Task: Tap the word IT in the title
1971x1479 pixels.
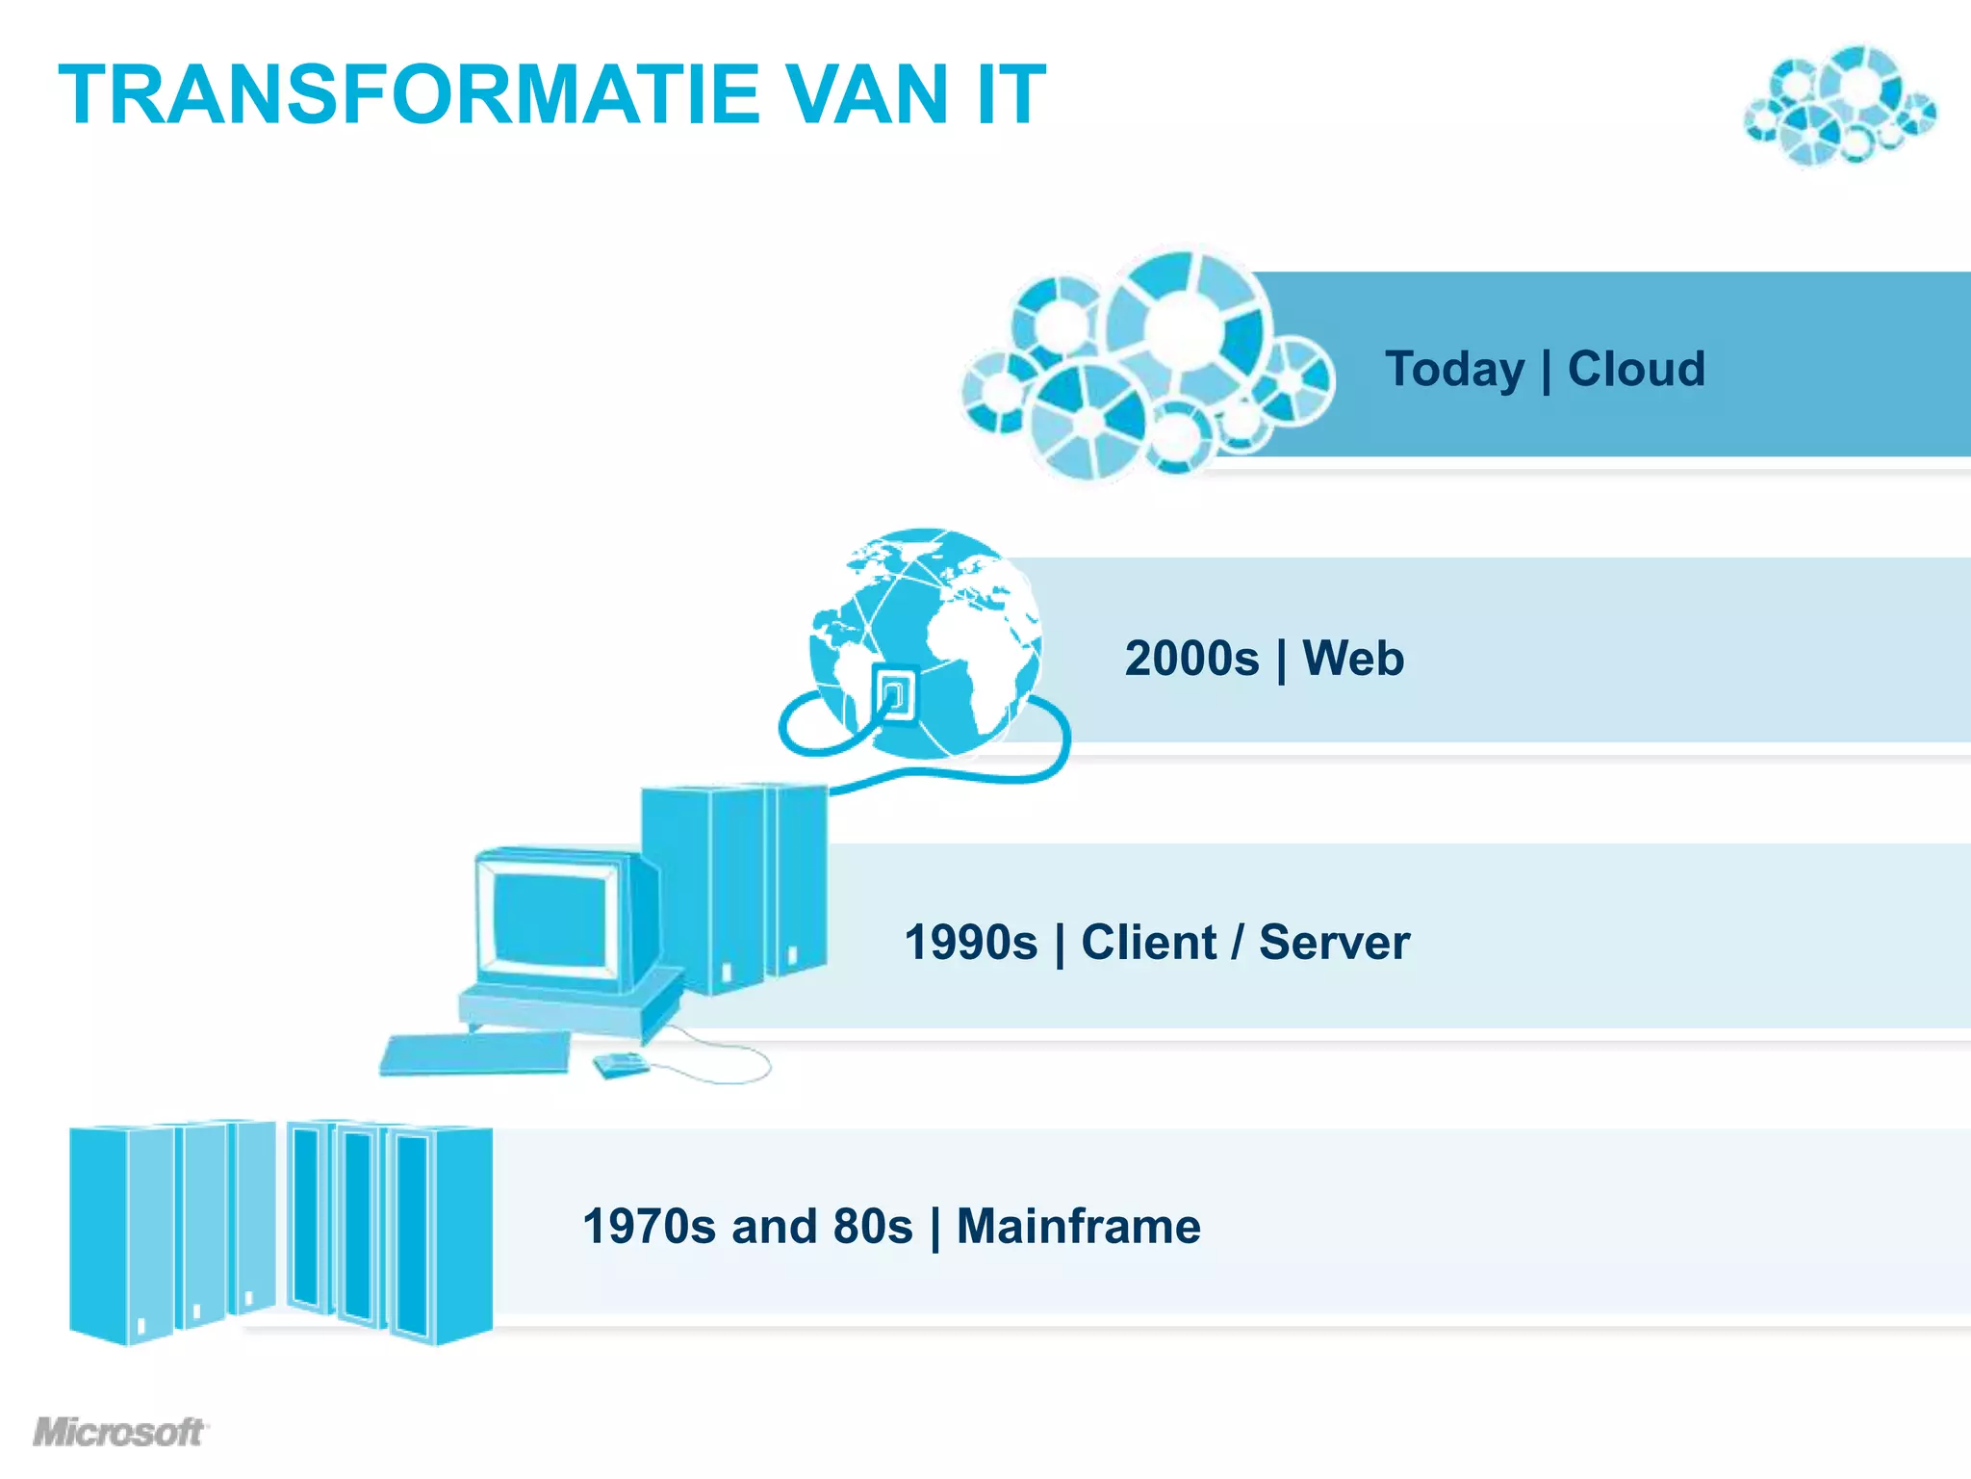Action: [x=1009, y=94]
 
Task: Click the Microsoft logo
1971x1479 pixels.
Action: [x=119, y=1432]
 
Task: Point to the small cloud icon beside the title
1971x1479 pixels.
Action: [x=1839, y=106]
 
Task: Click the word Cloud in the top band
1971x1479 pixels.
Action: [x=1636, y=369]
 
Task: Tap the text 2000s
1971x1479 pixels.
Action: [x=1191, y=659]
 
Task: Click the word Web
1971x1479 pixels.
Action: [x=1353, y=659]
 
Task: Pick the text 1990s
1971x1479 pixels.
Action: [x=971, y=942]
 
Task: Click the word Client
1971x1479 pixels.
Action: [x=1149, y=942]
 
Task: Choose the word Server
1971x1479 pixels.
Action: [x=1334, y=942]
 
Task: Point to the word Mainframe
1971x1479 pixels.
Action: [x=1078, y=1227]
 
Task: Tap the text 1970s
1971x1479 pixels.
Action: [x=649, y=1227]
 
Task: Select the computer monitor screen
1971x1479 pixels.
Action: [x=549, y=920]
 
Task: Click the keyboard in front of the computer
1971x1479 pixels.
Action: [x=475, y=1053]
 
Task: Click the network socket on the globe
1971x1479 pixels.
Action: [x=894, y=691]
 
